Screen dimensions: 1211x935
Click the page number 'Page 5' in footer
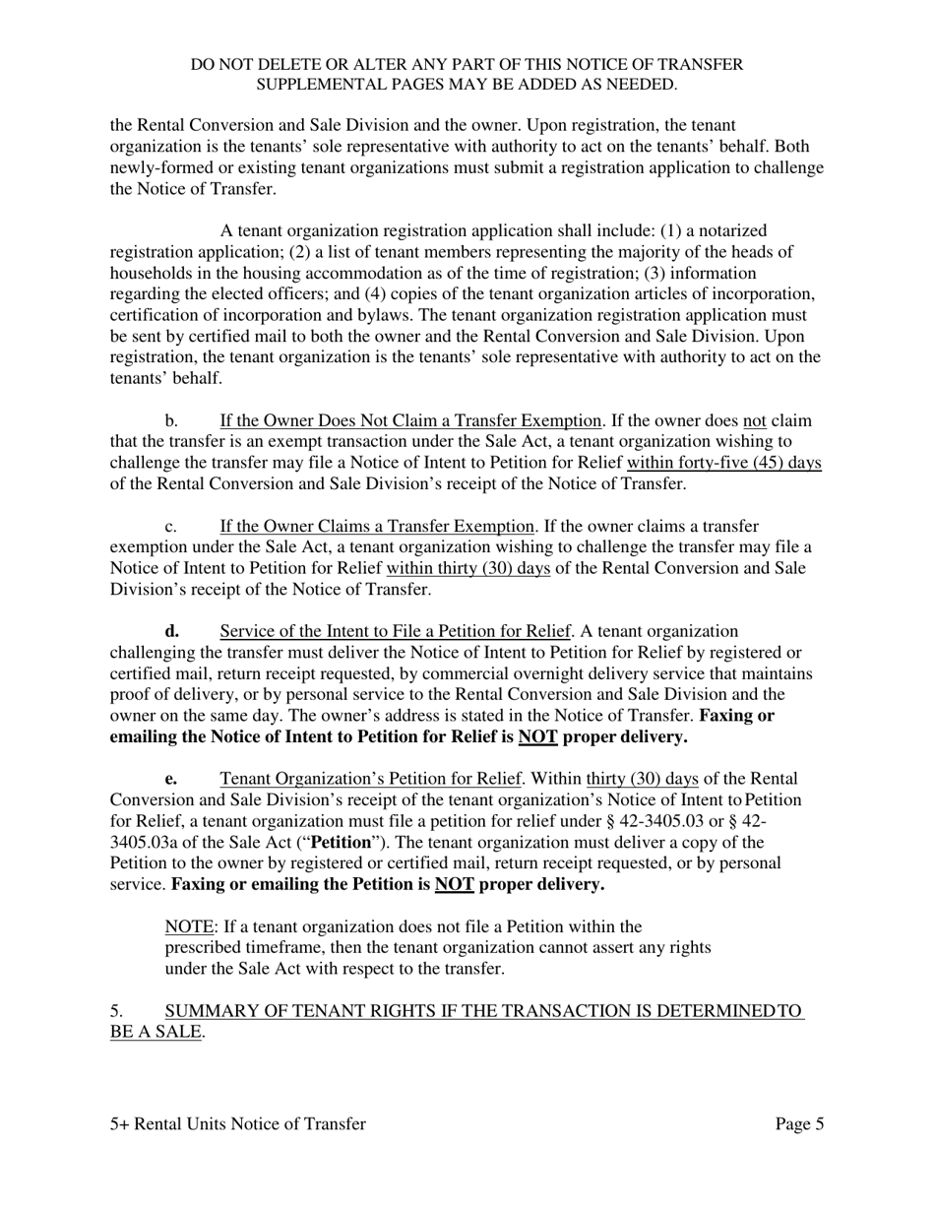tap(799, 1124)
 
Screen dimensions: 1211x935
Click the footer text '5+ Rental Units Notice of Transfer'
tap(237, 1124)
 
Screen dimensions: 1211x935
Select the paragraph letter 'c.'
tap(170, 527)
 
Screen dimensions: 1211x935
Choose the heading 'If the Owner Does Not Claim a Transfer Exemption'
tap(410, 421)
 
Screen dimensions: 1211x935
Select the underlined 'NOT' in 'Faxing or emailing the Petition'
tap(454, 885)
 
